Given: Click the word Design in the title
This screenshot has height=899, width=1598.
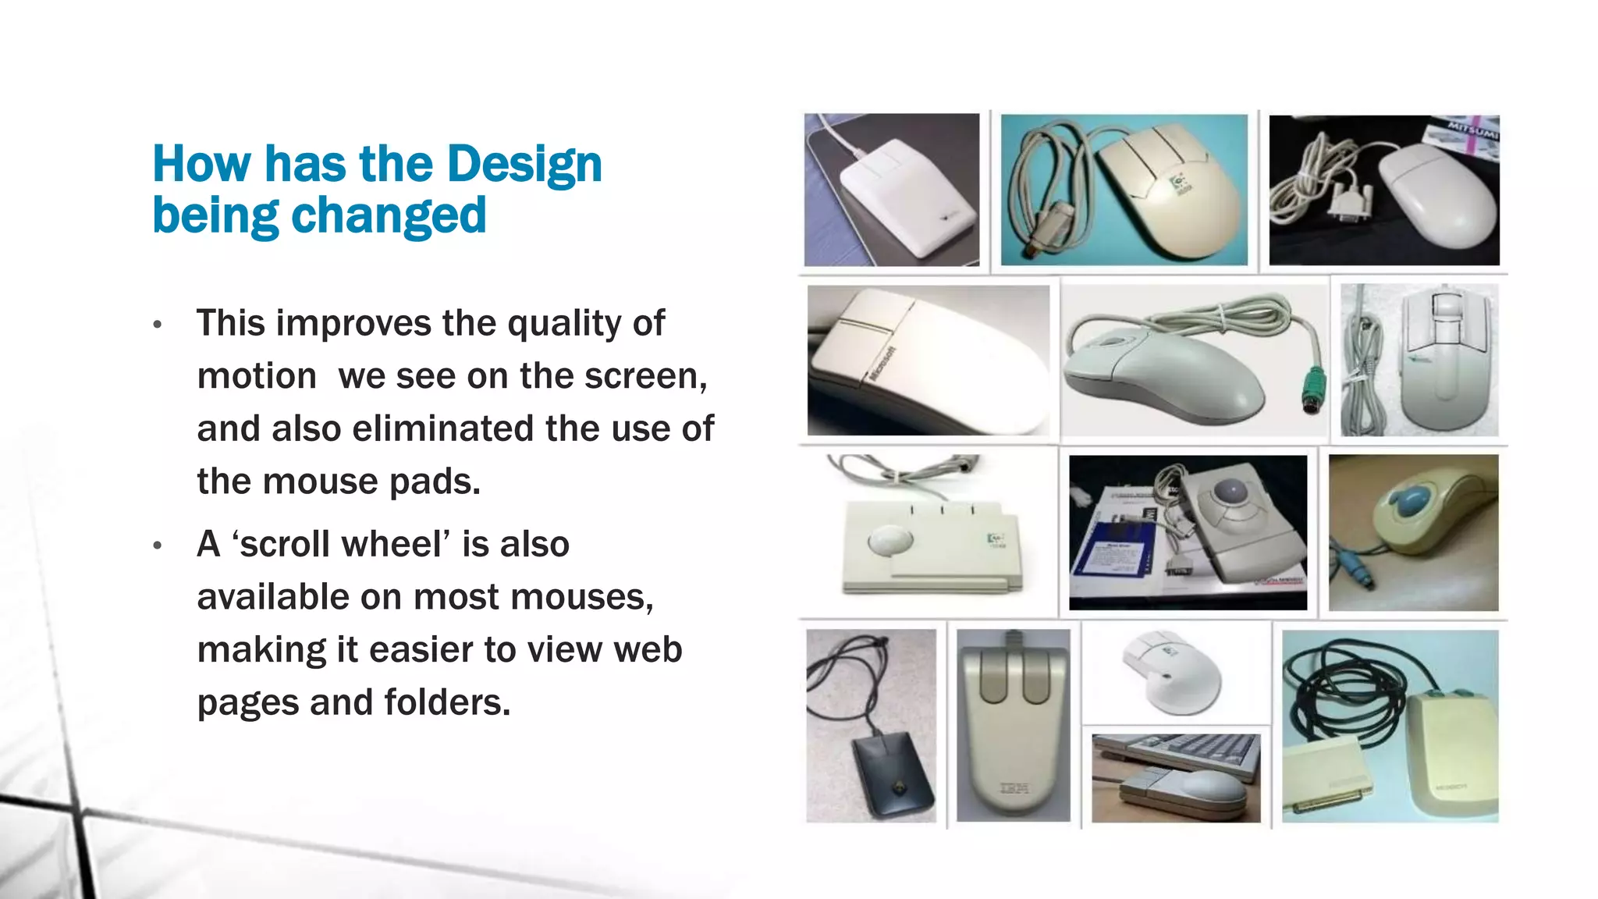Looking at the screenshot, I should click(524, 164).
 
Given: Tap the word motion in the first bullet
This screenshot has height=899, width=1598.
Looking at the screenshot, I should click(256, 376).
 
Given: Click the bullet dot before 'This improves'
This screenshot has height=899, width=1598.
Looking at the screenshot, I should click(158, 324).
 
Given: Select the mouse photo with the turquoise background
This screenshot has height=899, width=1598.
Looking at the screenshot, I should click(1124, 190).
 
